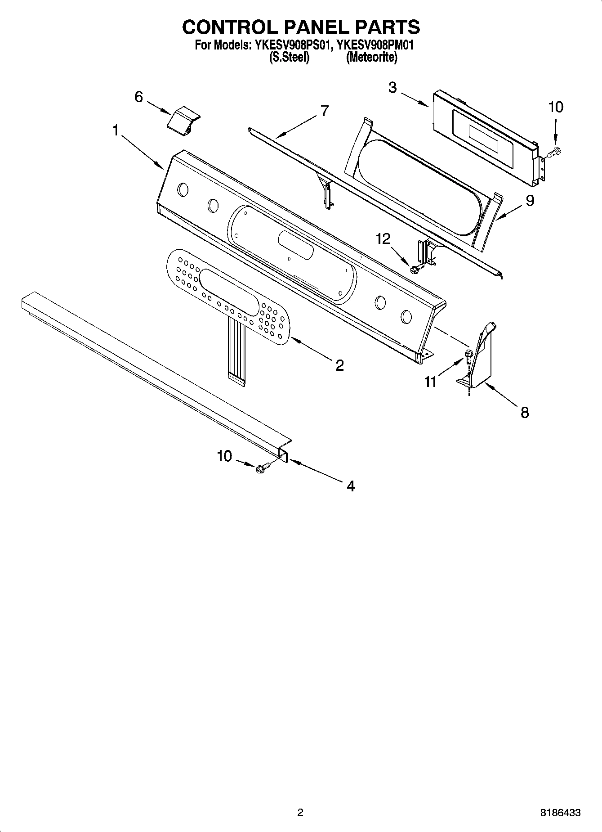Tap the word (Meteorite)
point(371,58)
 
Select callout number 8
point(524,412)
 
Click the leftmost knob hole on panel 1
point(183,189)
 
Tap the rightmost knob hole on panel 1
point(406,317)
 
